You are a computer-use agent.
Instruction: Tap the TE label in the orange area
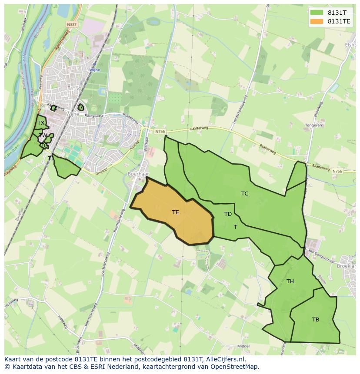[x=175, y=212]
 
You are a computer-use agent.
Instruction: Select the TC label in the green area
[x=245, y=194]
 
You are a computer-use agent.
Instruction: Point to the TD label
[x=228, y=214]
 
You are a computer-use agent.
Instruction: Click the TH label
[x=290, y=281]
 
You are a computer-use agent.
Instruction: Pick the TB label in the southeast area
[x=316, y=320]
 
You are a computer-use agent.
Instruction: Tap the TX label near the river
[x=40, y=123]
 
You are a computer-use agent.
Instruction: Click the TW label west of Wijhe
[x=43, y=136]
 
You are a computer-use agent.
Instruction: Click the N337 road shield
[x=72, y=25]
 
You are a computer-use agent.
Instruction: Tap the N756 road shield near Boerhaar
[x=160, y=131]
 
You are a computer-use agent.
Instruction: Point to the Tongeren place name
[x=313, y=125]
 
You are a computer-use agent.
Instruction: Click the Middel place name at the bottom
[x=243, y=346]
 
